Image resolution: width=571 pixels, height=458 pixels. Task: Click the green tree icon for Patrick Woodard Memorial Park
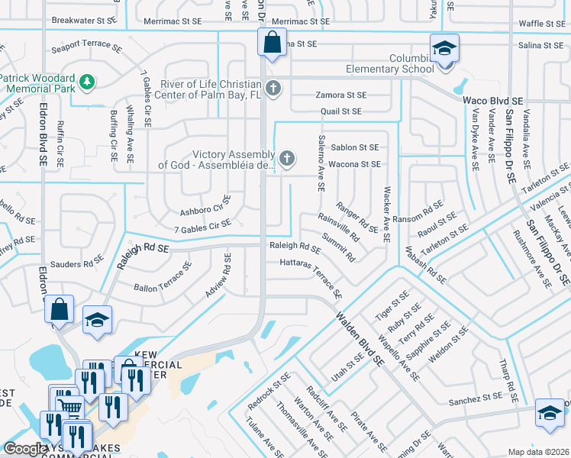[x=88, y=82]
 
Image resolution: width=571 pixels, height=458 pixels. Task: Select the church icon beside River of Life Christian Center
[x=273, y=89]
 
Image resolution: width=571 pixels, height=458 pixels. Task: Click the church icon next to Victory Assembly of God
[x=286, y=159]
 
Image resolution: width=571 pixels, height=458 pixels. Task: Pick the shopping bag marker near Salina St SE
[x=272, y=43]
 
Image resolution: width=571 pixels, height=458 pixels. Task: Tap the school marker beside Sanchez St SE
[x=549, y=414]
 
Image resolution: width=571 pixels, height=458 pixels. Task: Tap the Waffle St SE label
[x=541, y=24]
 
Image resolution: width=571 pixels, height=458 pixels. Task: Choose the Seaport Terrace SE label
[x=86, y=47]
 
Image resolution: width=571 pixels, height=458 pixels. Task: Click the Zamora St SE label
[x=341, y=95]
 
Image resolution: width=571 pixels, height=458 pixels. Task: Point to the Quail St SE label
[x=340, y=111]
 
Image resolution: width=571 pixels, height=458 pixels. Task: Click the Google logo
[x=25, y=449]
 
